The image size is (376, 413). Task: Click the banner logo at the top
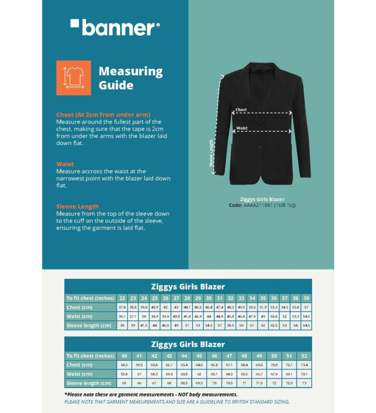coord(115,27)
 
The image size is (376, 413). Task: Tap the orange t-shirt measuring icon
coord(74,78)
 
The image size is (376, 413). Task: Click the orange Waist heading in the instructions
coord(65,164)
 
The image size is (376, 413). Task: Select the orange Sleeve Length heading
coord(77,206)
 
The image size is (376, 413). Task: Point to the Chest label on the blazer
coord(241,110)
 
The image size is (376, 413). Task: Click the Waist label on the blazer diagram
coord(242,128)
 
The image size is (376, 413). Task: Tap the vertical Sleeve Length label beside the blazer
coord(211,153)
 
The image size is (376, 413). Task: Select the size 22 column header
coord(122,298)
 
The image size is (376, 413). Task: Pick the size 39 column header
coord(306,298)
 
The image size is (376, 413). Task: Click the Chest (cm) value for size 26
coord(165,308)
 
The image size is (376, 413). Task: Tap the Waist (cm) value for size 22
coord(122,316)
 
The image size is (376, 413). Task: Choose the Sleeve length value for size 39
coord(306,325)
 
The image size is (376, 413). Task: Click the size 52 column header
coord(304,356)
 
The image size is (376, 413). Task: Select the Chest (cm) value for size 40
coord(124,365)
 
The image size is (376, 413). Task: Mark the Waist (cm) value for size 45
coord(199,374)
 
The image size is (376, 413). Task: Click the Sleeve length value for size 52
coord(304,383)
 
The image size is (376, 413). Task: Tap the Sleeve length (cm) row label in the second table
coord(89,383)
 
